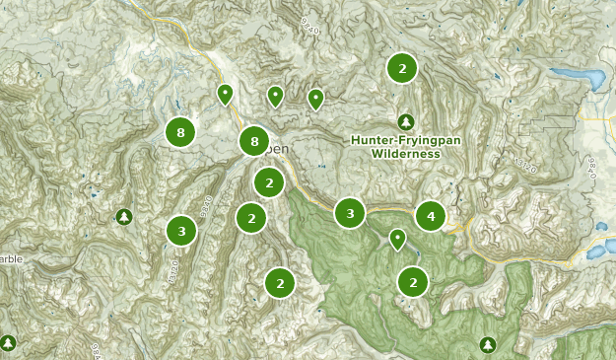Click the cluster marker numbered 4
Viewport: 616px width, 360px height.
pyautogui.click(x=430, y=215)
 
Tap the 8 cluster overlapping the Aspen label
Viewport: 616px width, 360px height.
pyautogui.click(x=254, y=142)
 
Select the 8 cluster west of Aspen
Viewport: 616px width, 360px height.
pyautogui.click(x=179, y=132)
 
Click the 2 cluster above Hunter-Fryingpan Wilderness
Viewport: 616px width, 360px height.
pyautogui.click(x=402, y=68)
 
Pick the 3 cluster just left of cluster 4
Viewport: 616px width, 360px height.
pyautogui.click(x=350, y=212)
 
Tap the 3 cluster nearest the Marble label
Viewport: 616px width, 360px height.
pyautogui.click(x=180, y=231)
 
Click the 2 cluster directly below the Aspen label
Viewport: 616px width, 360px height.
pyautogui.click(x=268, y=182)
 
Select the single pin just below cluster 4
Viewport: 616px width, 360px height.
pyautogui.click(x=397, y=239)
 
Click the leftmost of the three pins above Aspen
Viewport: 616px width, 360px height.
pyautogui.click(x=225, y=94)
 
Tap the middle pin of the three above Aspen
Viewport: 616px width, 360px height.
pyautogui.click(x=275, y=96)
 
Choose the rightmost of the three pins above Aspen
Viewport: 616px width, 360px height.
pyautogui.click(x=315, y=99)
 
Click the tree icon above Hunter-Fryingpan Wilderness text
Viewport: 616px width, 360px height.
pyautogui.click(x=405, y=121)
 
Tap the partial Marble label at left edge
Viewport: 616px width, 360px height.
pyautogui.click(x=10, y=259)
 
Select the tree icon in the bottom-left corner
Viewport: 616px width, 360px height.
pyautogui.click(x=8, y=342)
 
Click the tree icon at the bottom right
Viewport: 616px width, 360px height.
pyautogui.click(x=487, y=344)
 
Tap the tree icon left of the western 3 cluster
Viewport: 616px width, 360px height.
pyautogui.click(x=123, y=216)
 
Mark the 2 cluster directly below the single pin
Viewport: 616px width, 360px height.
pyautogui.click(x=413, y=283)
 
